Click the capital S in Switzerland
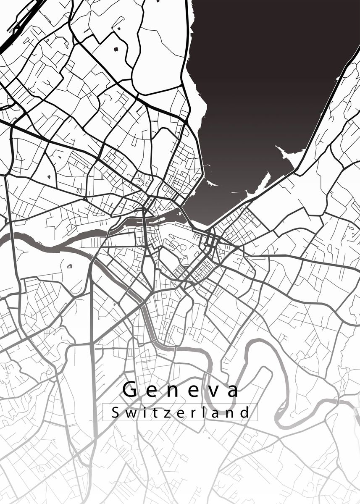click(116, 412)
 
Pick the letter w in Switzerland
click(129, 413)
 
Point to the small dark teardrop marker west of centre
click(49, 177)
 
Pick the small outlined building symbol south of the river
click(69, 266)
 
